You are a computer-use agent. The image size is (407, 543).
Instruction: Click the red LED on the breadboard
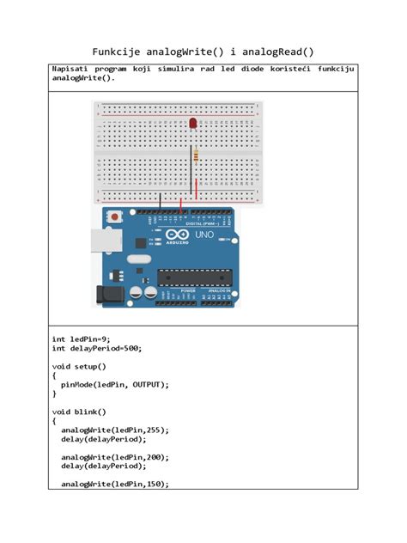pyautogui.click(x=192, y=125)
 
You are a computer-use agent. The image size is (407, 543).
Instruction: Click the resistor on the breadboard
pyautogui.click(x=199, y=156)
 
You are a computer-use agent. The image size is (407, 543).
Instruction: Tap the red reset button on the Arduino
pyautogui.click(x=115, y=218)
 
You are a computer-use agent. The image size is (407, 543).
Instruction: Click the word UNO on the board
pyautogui.click(x=205, y=235)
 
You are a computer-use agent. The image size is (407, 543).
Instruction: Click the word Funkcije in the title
pyautogui.click(x=120, y=52)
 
